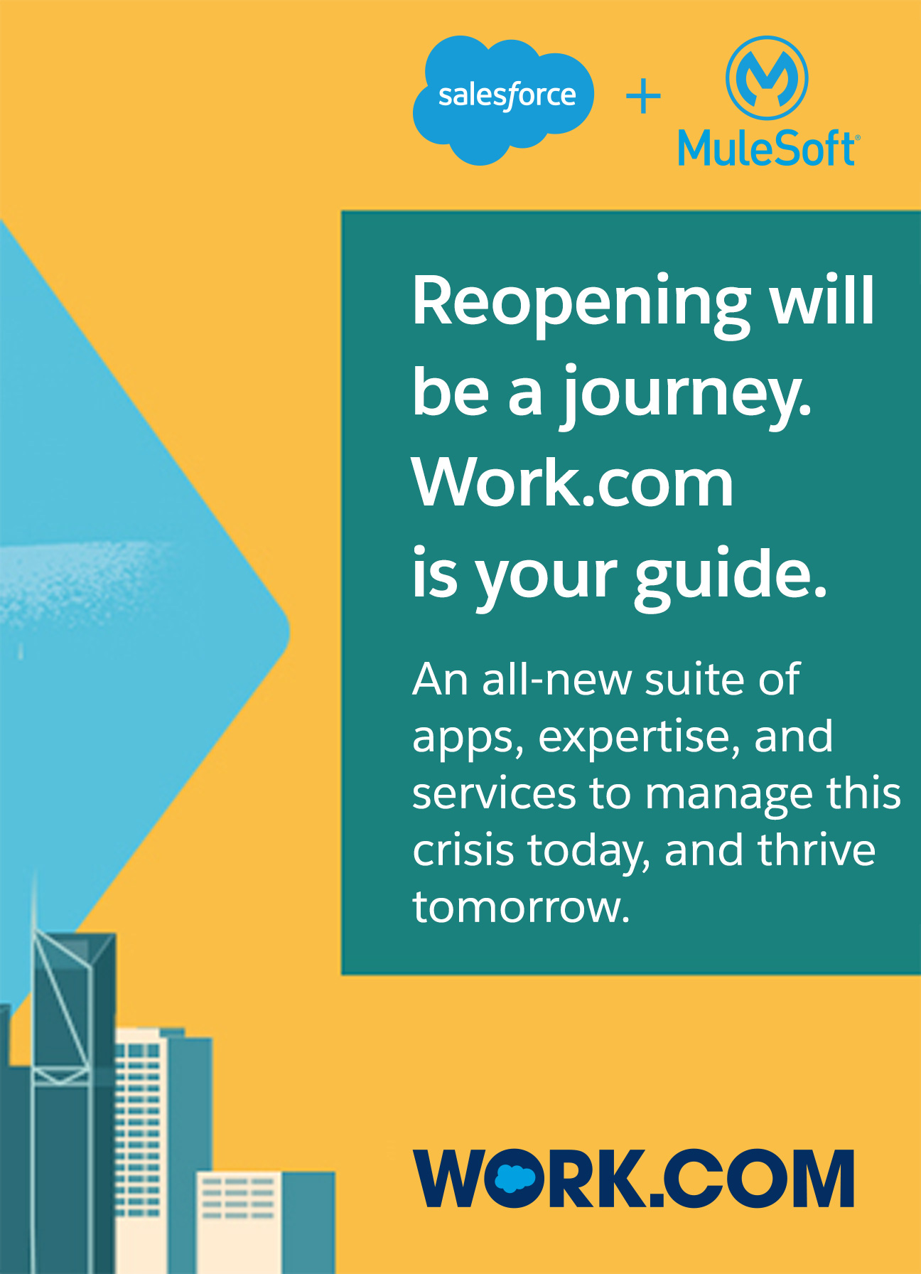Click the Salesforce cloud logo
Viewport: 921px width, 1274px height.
[x=503, y=100]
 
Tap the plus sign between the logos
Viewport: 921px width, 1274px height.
[x=644, y=97]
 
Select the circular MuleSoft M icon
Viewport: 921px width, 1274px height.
[x=767, y=77]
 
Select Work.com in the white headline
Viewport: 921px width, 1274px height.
[x=573, y=483]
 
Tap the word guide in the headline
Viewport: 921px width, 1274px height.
[x=731, y=574]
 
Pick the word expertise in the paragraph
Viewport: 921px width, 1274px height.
[x=635, y=738]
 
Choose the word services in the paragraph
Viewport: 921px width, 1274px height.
[x=494, y=793]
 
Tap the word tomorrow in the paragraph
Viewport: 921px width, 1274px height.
[x=521, y=908]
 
